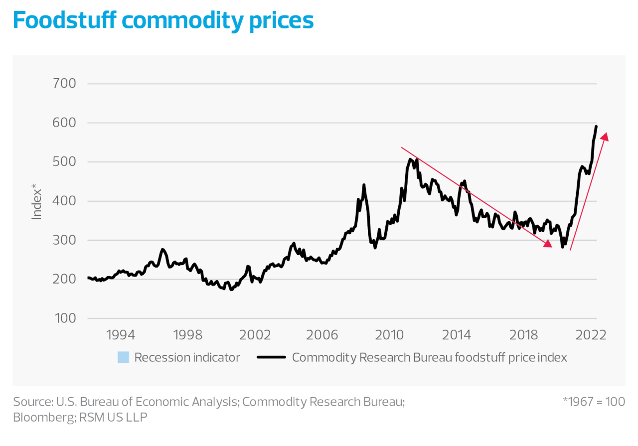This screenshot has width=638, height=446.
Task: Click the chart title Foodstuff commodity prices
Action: click(163, 20)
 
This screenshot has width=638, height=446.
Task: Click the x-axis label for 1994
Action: click(120, 334)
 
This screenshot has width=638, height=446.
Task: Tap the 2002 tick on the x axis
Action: click(255, 334)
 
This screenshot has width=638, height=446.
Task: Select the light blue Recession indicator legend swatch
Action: click(123, 357)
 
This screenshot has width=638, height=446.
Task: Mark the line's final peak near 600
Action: click(596, 126)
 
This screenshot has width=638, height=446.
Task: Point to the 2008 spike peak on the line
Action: click(364, 185)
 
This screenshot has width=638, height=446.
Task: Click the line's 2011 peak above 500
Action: click(410, 159)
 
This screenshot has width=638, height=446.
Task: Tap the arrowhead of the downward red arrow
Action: click(548, 244)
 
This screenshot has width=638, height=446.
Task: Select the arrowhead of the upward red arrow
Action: click(605, 137)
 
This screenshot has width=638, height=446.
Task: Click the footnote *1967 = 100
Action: click(593, 402)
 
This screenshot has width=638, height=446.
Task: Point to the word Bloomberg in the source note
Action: click(42, 417)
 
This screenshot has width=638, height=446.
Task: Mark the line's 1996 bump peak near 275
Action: click(162, 249)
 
